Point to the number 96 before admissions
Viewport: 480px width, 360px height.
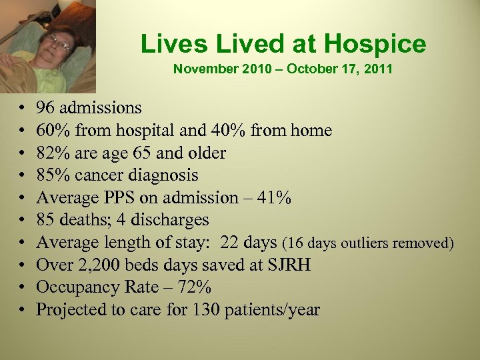(x=46, y=107)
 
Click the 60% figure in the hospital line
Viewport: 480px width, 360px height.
(x=51, y=130)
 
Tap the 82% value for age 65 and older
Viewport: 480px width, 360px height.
(x=51, y=153)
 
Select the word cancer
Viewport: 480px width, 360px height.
(x=102, y=175)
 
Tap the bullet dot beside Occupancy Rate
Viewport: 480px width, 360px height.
(x=23, y=289)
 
